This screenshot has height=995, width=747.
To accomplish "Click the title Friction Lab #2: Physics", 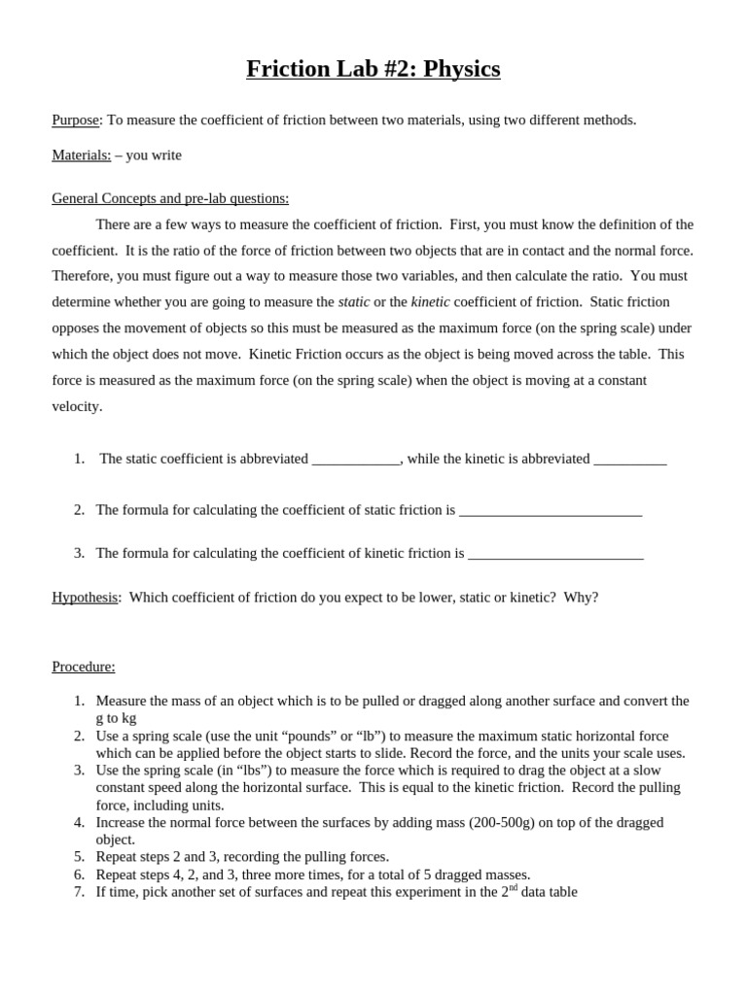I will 373,69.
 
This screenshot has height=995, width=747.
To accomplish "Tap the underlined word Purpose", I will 75,120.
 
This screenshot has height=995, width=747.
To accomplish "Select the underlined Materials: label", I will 81,154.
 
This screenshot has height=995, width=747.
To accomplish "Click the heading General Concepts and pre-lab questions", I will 170,198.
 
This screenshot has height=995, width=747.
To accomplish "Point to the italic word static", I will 354,301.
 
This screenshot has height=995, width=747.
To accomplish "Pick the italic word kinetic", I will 430,301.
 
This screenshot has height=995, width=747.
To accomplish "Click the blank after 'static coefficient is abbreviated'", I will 356,460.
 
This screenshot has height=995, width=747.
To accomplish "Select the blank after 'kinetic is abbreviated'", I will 629,460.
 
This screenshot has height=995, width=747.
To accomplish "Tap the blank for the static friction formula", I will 550,511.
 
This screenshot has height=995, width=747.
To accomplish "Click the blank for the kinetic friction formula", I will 555,554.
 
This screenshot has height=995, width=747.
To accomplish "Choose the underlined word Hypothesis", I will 85,597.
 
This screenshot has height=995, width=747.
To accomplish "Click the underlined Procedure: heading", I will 83,667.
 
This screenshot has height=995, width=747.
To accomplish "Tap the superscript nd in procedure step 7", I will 514,887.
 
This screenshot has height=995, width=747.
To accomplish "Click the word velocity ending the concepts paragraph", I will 76,406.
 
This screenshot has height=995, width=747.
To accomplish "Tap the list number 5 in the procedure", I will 79,856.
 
